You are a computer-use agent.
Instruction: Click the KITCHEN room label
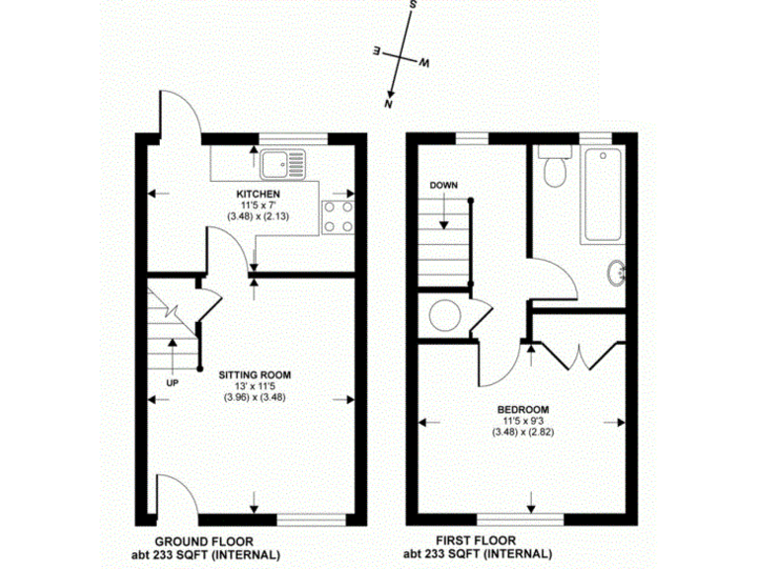click(258, 194)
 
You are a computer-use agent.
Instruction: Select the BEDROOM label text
click(523, 409)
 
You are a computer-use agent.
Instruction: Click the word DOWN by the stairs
click(442, 186)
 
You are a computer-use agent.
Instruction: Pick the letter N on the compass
click(390, 104)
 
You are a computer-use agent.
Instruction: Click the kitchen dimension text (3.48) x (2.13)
click(258, 216)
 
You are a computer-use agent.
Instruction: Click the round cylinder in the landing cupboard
click(444, 317)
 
